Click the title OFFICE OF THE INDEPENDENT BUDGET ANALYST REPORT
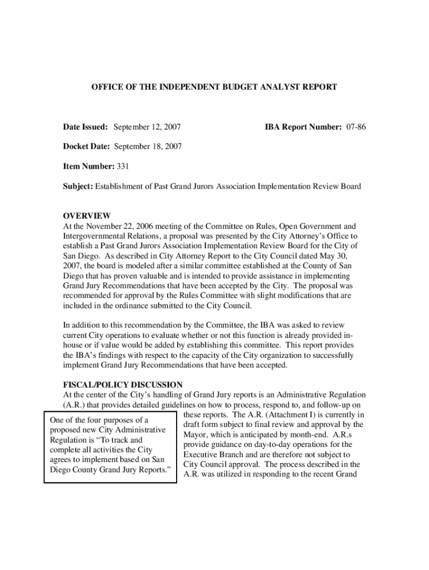[x=214, y=87]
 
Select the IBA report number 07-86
[x=356, y=127]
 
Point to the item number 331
[x=123, y=166]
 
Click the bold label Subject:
[x=77, y=186]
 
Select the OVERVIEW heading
[x=86, y=216]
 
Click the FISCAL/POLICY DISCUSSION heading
[x=122, y=385]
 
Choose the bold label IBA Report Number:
[x=303, y=127]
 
